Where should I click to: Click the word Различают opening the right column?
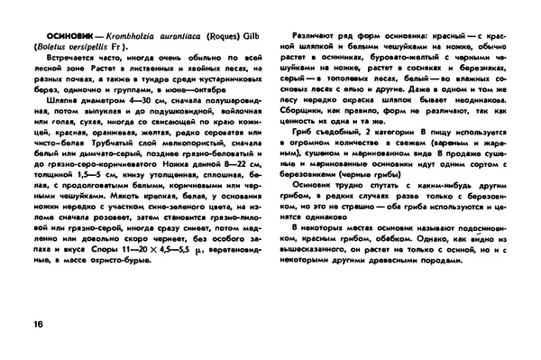click(x=311, y=33)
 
